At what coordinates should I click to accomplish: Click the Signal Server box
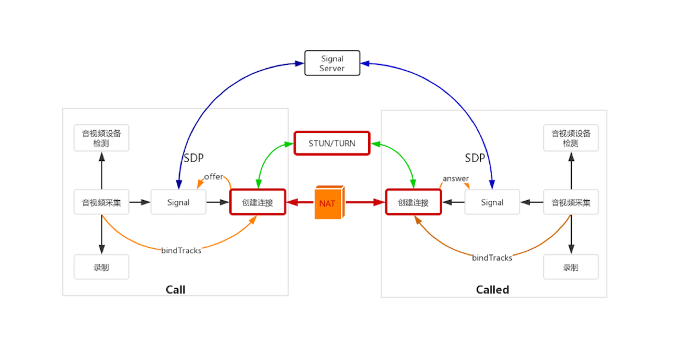332,63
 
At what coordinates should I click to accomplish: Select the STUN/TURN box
332,144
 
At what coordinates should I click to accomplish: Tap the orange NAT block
328,203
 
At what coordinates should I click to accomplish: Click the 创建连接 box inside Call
258,203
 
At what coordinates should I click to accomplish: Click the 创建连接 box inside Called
413,203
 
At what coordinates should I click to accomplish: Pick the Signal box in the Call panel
178,203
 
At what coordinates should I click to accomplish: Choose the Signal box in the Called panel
492,203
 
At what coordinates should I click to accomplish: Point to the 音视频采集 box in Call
102,203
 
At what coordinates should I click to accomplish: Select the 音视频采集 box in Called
571,203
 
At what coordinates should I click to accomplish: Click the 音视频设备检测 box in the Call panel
102,138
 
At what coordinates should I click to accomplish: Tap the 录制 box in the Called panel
571,267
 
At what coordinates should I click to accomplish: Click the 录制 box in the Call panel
102,267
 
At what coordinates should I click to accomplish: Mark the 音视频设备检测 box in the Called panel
571,138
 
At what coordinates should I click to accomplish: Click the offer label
213,177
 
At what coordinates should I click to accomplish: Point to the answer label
455,179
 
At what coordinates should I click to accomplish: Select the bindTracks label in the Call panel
181,251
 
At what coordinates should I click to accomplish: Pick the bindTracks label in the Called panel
492,258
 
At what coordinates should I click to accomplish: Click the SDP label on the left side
194,158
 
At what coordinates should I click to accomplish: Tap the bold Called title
493,290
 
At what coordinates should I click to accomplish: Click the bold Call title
175,290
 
